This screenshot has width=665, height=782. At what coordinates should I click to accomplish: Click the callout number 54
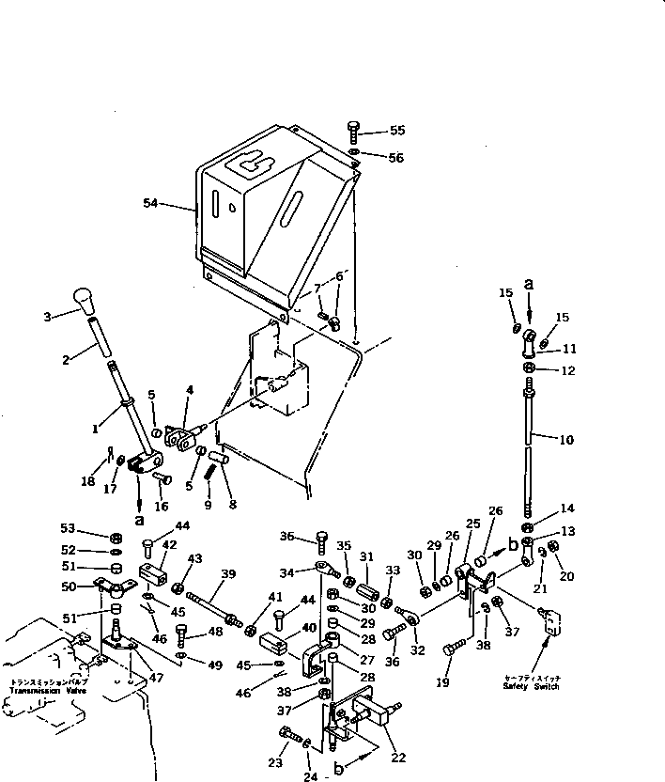click(x=151, y=202)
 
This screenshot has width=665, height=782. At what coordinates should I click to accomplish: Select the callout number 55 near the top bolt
click(x=397, y=130)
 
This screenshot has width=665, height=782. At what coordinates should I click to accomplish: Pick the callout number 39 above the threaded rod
click(x=227, y=573)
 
